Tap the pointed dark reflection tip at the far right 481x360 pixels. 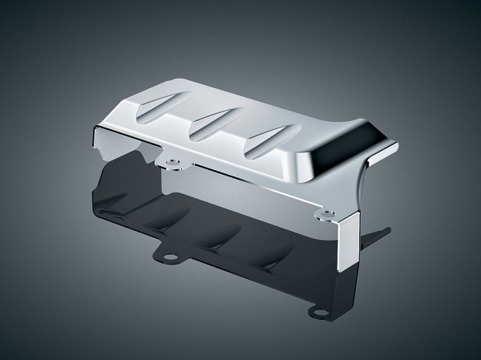385,232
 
